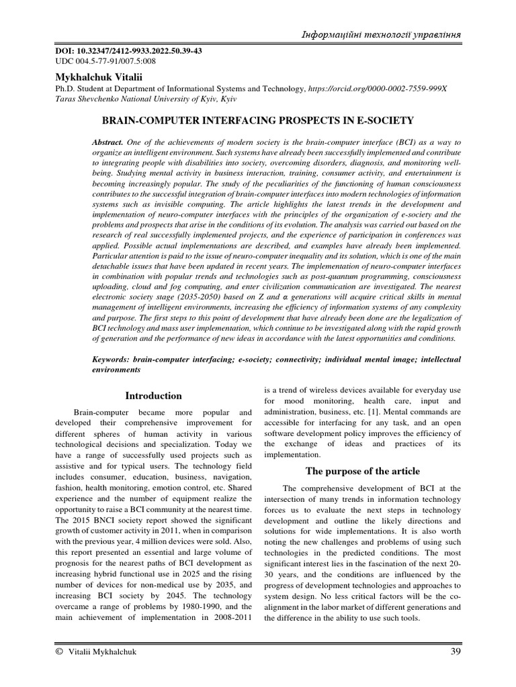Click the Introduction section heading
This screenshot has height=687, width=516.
pyautogui.click(x=153, y=396)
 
